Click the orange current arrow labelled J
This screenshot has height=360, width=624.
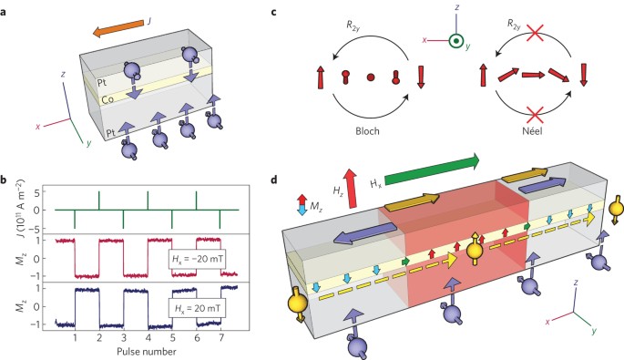(x=118, y=29)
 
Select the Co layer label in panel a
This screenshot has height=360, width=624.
(x=108, y=99)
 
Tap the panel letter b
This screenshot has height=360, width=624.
(x=4, y=180)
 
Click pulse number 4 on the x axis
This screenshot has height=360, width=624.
(x=148, y=338)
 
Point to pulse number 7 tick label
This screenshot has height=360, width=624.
(x=221, y=338)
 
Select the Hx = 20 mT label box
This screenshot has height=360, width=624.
(x=197, y=308)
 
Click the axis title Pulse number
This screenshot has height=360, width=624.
(x=147, y=352)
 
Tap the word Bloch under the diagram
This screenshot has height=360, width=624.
(x=367, y=131)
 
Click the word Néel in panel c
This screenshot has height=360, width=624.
(x=532, y=131)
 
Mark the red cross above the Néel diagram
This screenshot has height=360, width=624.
(x=535, y=34)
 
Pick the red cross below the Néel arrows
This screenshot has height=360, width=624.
(x=535, y=114)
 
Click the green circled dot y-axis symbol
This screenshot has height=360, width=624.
(x=455, y=41)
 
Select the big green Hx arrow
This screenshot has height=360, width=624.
(x=432, y=170)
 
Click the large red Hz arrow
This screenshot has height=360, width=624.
(x=351, y=188)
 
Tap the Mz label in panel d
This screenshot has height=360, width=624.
(x=316, y=205)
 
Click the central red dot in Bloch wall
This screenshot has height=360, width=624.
(x=371, y=77)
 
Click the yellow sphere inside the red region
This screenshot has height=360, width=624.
(x=475, y=251)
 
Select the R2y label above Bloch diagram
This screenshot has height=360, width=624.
(x=353, y=26)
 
